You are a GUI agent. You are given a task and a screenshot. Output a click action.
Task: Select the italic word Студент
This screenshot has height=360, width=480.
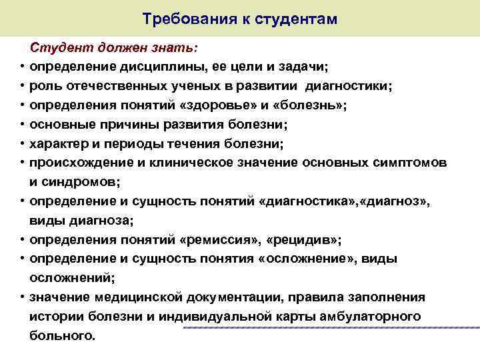tap(57, 48)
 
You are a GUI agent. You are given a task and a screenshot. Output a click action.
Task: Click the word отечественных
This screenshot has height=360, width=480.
tap(110, 86)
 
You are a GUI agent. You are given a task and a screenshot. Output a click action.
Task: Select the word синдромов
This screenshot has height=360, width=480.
tap(81, 181)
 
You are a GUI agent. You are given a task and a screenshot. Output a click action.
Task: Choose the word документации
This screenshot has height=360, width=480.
tap(208, 297)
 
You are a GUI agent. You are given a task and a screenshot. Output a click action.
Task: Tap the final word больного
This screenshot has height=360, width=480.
tap(62, 335)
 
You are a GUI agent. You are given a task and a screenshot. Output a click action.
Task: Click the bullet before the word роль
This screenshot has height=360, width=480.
tap(21, 87)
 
